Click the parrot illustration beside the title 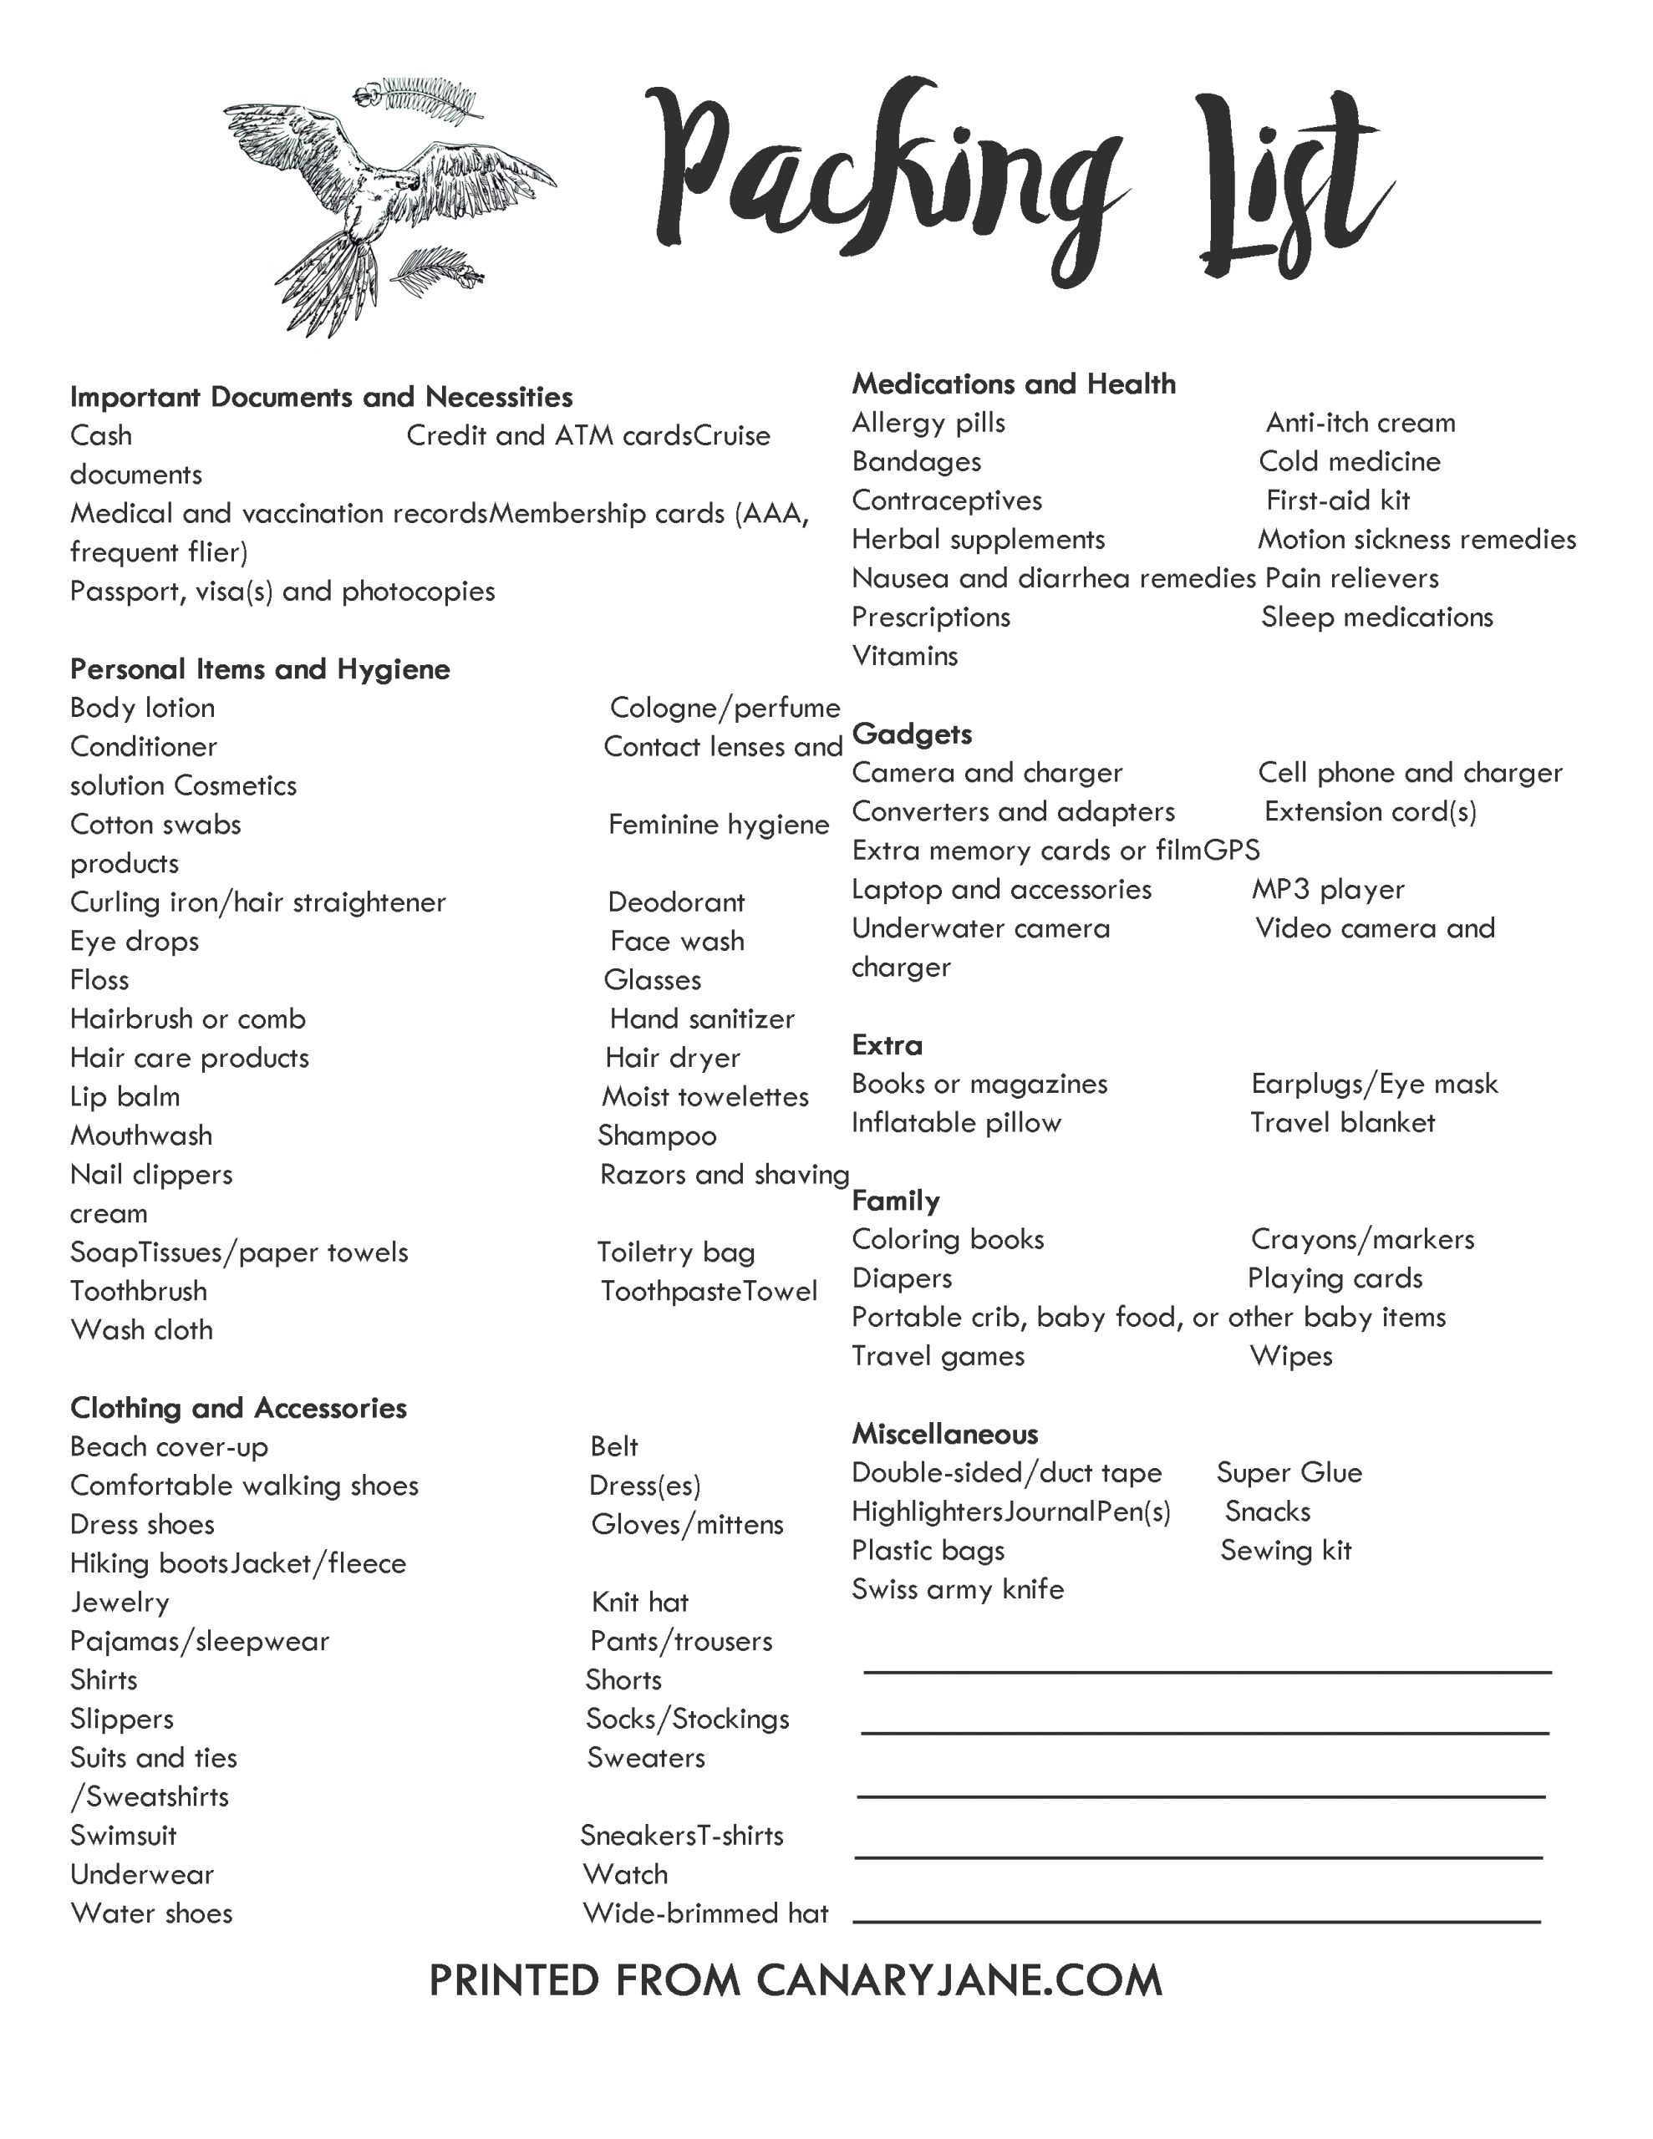click(x=382, y=206)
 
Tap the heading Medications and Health click(x=1013, y=384)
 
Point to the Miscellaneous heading click(x=944, y=1434)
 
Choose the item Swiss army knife click(x=958, y=1588)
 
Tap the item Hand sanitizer click(x=702, y=1019)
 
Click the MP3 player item click(x=1328, y=889)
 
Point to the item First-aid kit click(x=1337, y=500)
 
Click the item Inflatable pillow click(x=955, y=1122)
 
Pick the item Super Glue click(x=1289, y=1473)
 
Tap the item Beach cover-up click(x=169, y=1446)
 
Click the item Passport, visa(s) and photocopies click(x=282, y=592)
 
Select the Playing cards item click(x=1335, y=1278)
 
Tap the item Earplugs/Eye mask click(x=1374, y=1085)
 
